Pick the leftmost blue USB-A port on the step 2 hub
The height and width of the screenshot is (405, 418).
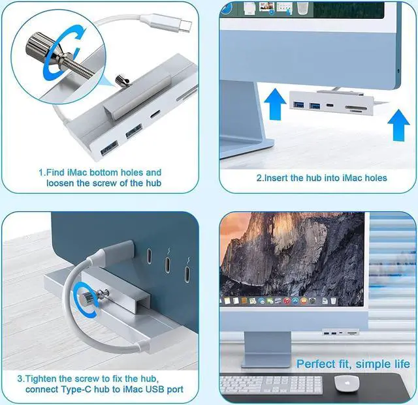pyautogui.click(x=300, y=104)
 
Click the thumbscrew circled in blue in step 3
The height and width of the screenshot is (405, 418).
pyautogui.click(x=85, y=296)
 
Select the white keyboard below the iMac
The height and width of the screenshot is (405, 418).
pyautogui.click(x=270, y=384)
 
